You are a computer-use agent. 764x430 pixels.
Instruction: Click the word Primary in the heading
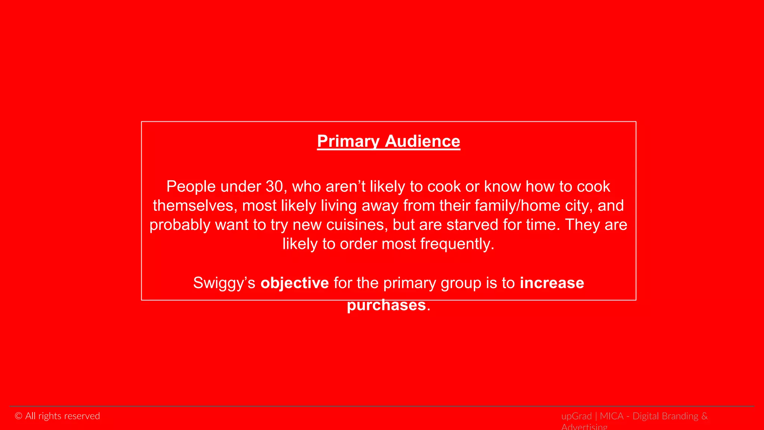point(348,141)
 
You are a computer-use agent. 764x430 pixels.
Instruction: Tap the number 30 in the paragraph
point(274,187)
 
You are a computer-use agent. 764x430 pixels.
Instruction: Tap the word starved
point(472,225)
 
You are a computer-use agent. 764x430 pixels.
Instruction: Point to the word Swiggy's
point(224,283)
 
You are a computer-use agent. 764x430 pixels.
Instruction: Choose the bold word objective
point(295,283)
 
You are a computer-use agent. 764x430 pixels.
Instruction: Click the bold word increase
point(552,283)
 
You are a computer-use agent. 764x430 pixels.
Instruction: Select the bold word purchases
point(386,305)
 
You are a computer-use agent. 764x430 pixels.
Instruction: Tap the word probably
point(180,225)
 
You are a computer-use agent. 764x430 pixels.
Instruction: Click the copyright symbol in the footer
point(19,416)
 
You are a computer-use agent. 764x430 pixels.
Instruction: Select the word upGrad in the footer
point(576,416)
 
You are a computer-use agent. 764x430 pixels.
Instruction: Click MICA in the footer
point(611,416)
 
